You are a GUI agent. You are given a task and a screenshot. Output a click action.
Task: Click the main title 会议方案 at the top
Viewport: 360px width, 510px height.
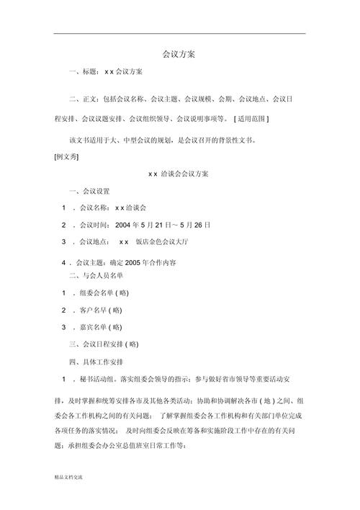click(x=180, y=53)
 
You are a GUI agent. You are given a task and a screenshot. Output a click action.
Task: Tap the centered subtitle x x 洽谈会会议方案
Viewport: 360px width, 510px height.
click(x=179, y=174)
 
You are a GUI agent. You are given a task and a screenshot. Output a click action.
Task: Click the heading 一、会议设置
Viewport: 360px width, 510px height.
click(x=89, y=191)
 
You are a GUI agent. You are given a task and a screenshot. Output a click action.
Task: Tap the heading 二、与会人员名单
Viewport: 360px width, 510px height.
click(x=96, y=275)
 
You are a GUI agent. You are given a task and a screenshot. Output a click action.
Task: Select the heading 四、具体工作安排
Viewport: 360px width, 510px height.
click(x=96, y=361)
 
